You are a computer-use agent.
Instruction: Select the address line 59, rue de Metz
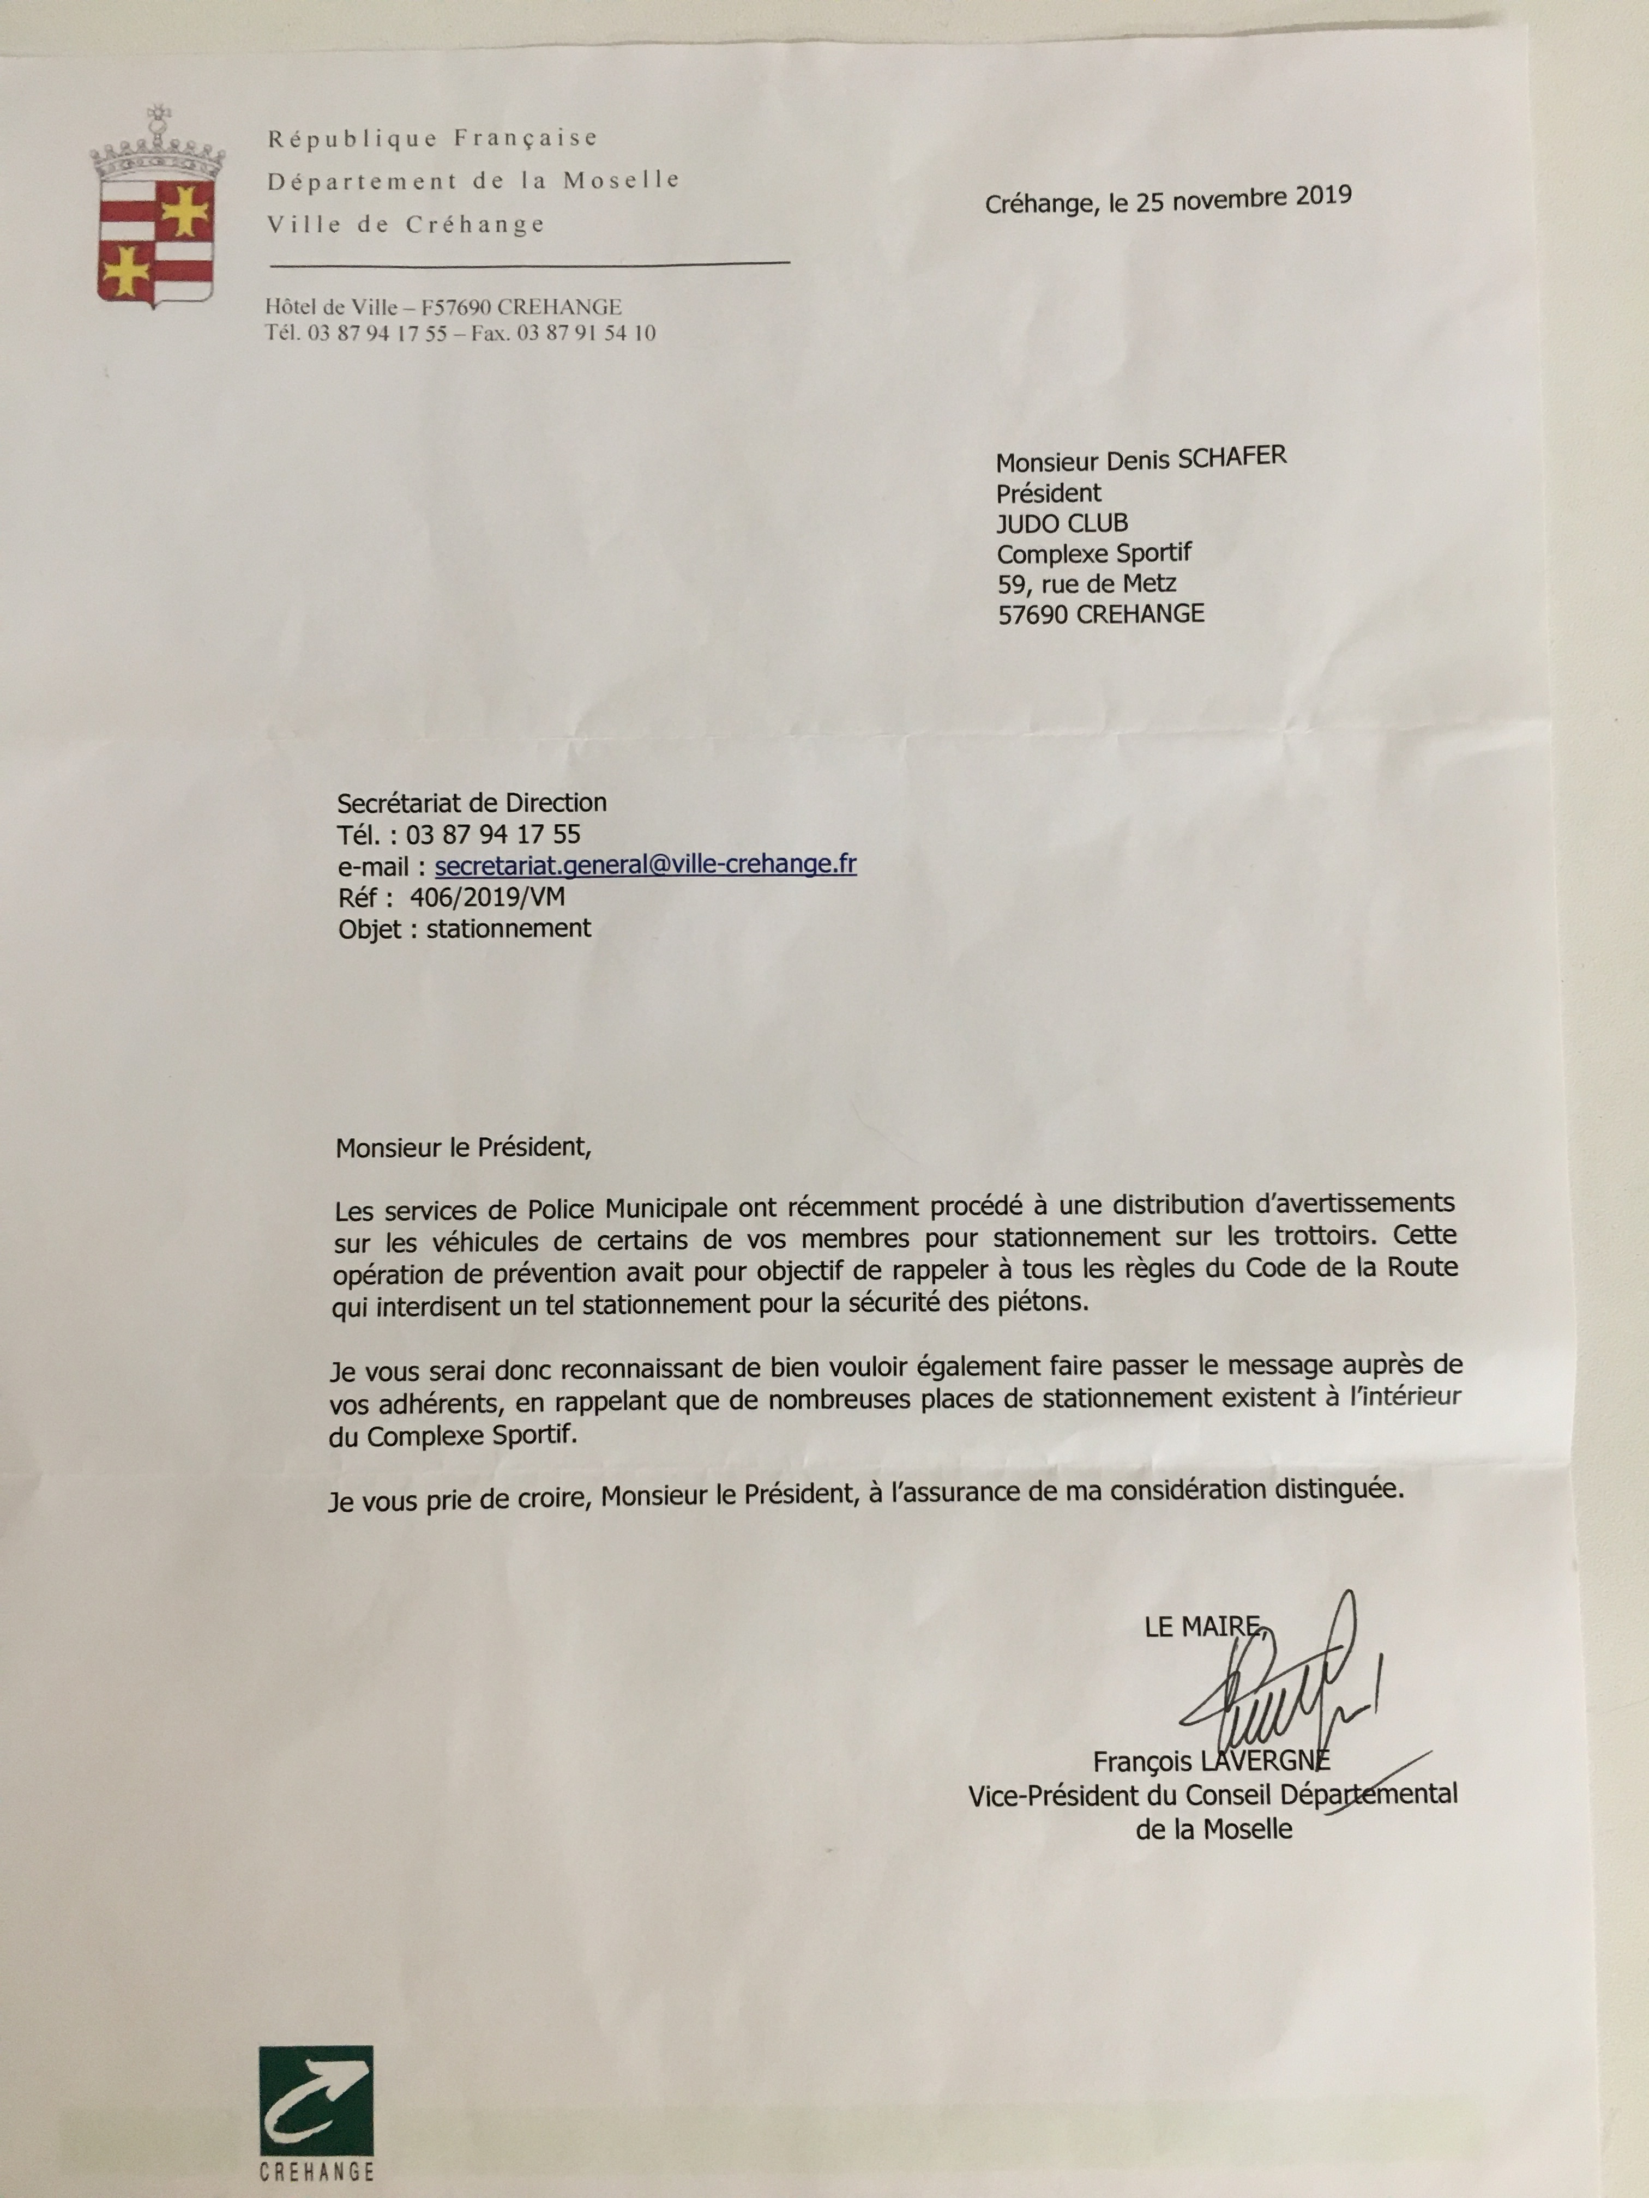click(1087, 584)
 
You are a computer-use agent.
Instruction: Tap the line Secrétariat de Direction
click(471, 803)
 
